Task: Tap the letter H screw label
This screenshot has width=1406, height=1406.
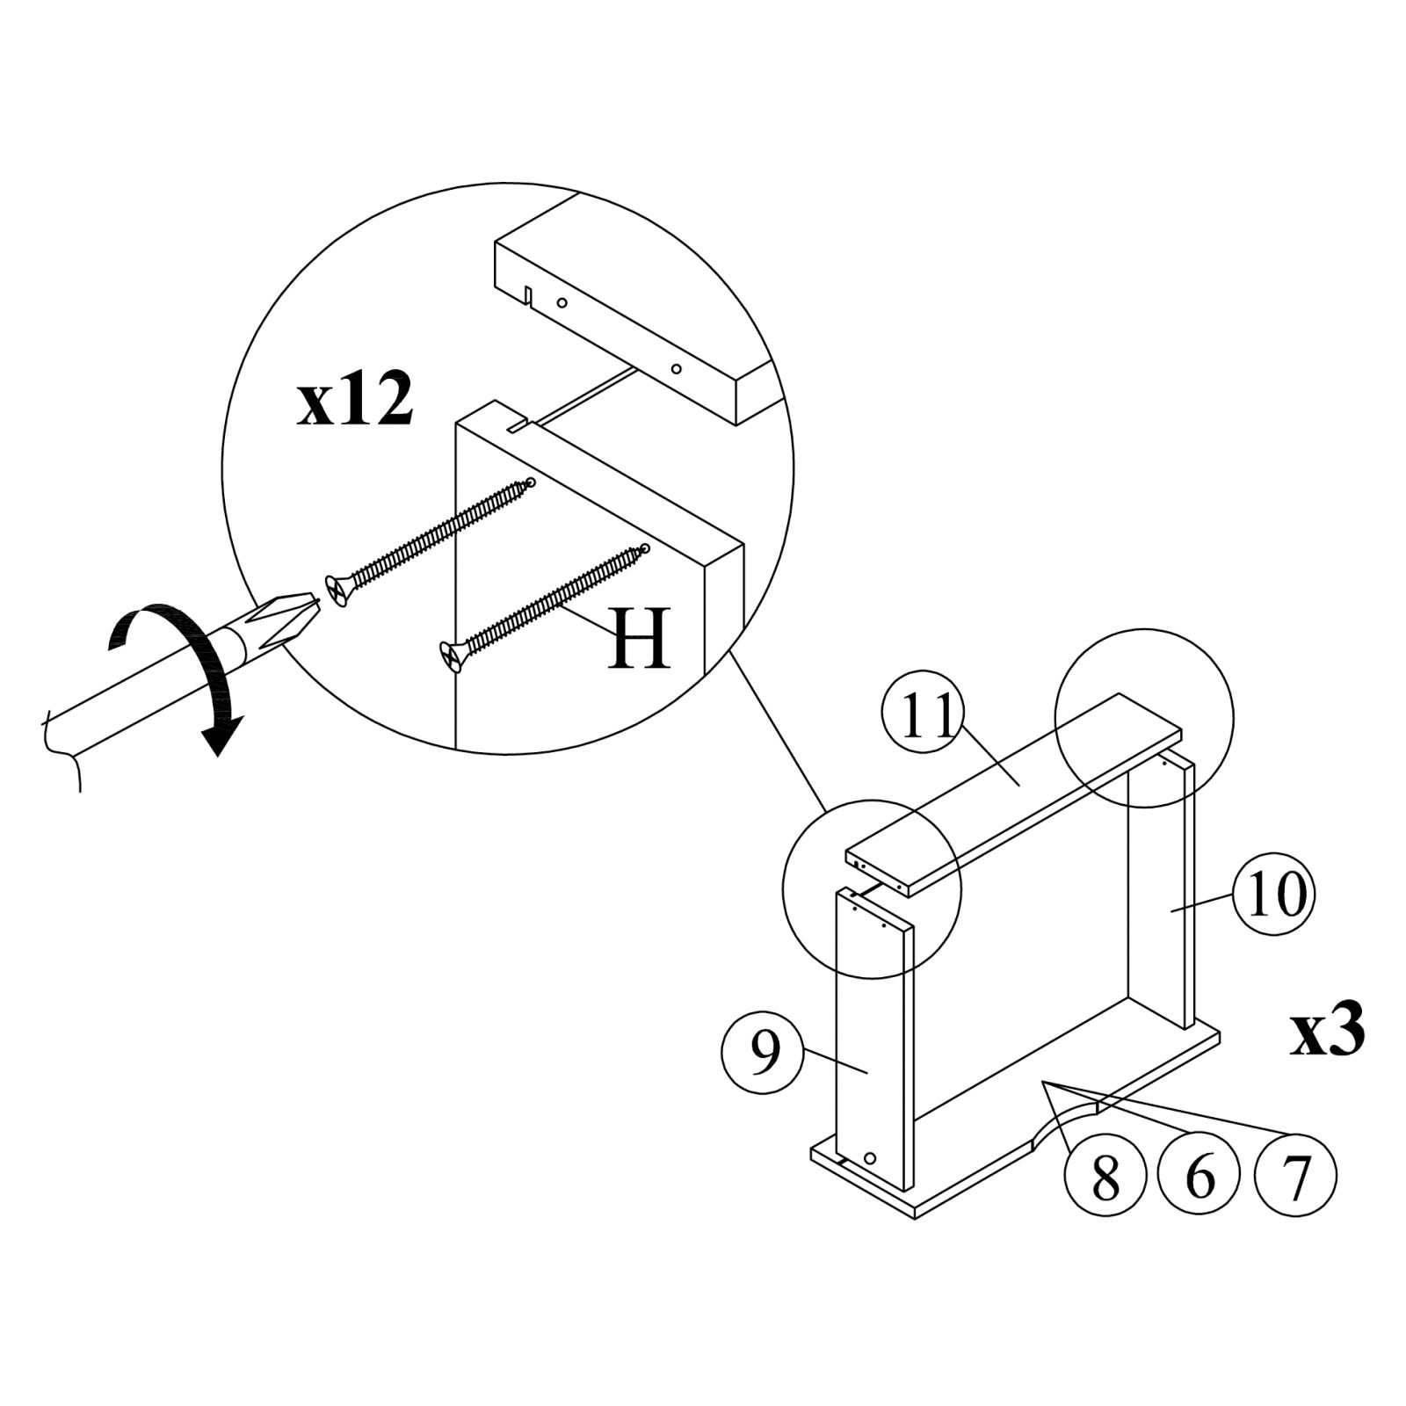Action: pyautogui.click(x=639, y=638)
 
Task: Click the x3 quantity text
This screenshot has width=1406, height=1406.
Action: pyautogui.click(x=1328, y=1032)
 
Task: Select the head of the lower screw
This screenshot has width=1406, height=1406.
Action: pyautogui.click(x=450, y=654)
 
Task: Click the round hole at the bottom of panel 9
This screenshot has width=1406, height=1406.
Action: pyautogui.click(x=870, y=1159)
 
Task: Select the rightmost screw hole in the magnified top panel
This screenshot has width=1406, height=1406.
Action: pyautogui.click(x=676, y=368)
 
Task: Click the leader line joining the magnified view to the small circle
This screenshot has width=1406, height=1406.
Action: pyautogui.click(x=778, y=729)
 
